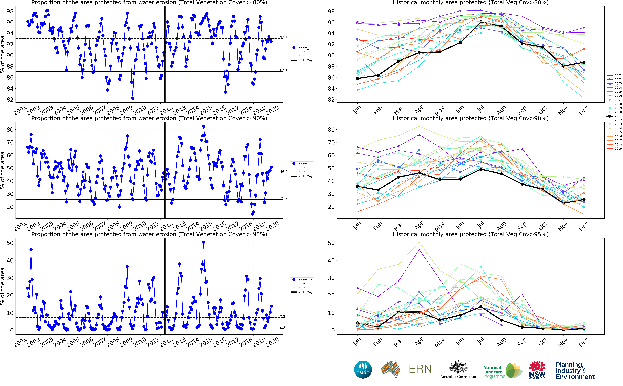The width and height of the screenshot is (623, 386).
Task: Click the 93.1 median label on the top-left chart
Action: point(284,37)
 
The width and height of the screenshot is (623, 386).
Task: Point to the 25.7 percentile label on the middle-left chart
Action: point(284,198)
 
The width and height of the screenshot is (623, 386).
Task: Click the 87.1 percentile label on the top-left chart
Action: point(284,70)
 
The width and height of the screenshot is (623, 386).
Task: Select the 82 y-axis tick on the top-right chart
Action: point(331,100)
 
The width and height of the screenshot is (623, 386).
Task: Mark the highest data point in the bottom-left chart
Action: point(203,242)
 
